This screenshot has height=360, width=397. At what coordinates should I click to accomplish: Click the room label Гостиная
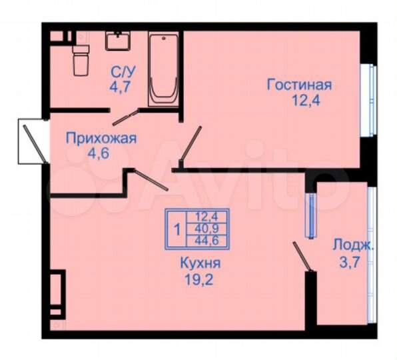pyautogui.click(x=299, y=85)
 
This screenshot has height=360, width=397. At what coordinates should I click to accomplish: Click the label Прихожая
pyautogui.click(x=101, y=139)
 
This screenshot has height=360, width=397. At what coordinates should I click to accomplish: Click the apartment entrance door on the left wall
pyautogui.click(x=32, y=139)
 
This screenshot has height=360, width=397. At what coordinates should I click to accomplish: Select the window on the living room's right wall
pyautogui.click(x=366, y=100)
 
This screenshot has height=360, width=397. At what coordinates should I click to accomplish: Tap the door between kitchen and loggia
pyautogui.click(x=302, y=257)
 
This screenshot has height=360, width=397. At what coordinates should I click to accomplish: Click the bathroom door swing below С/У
pyautogui.click(x=127, y=117)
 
